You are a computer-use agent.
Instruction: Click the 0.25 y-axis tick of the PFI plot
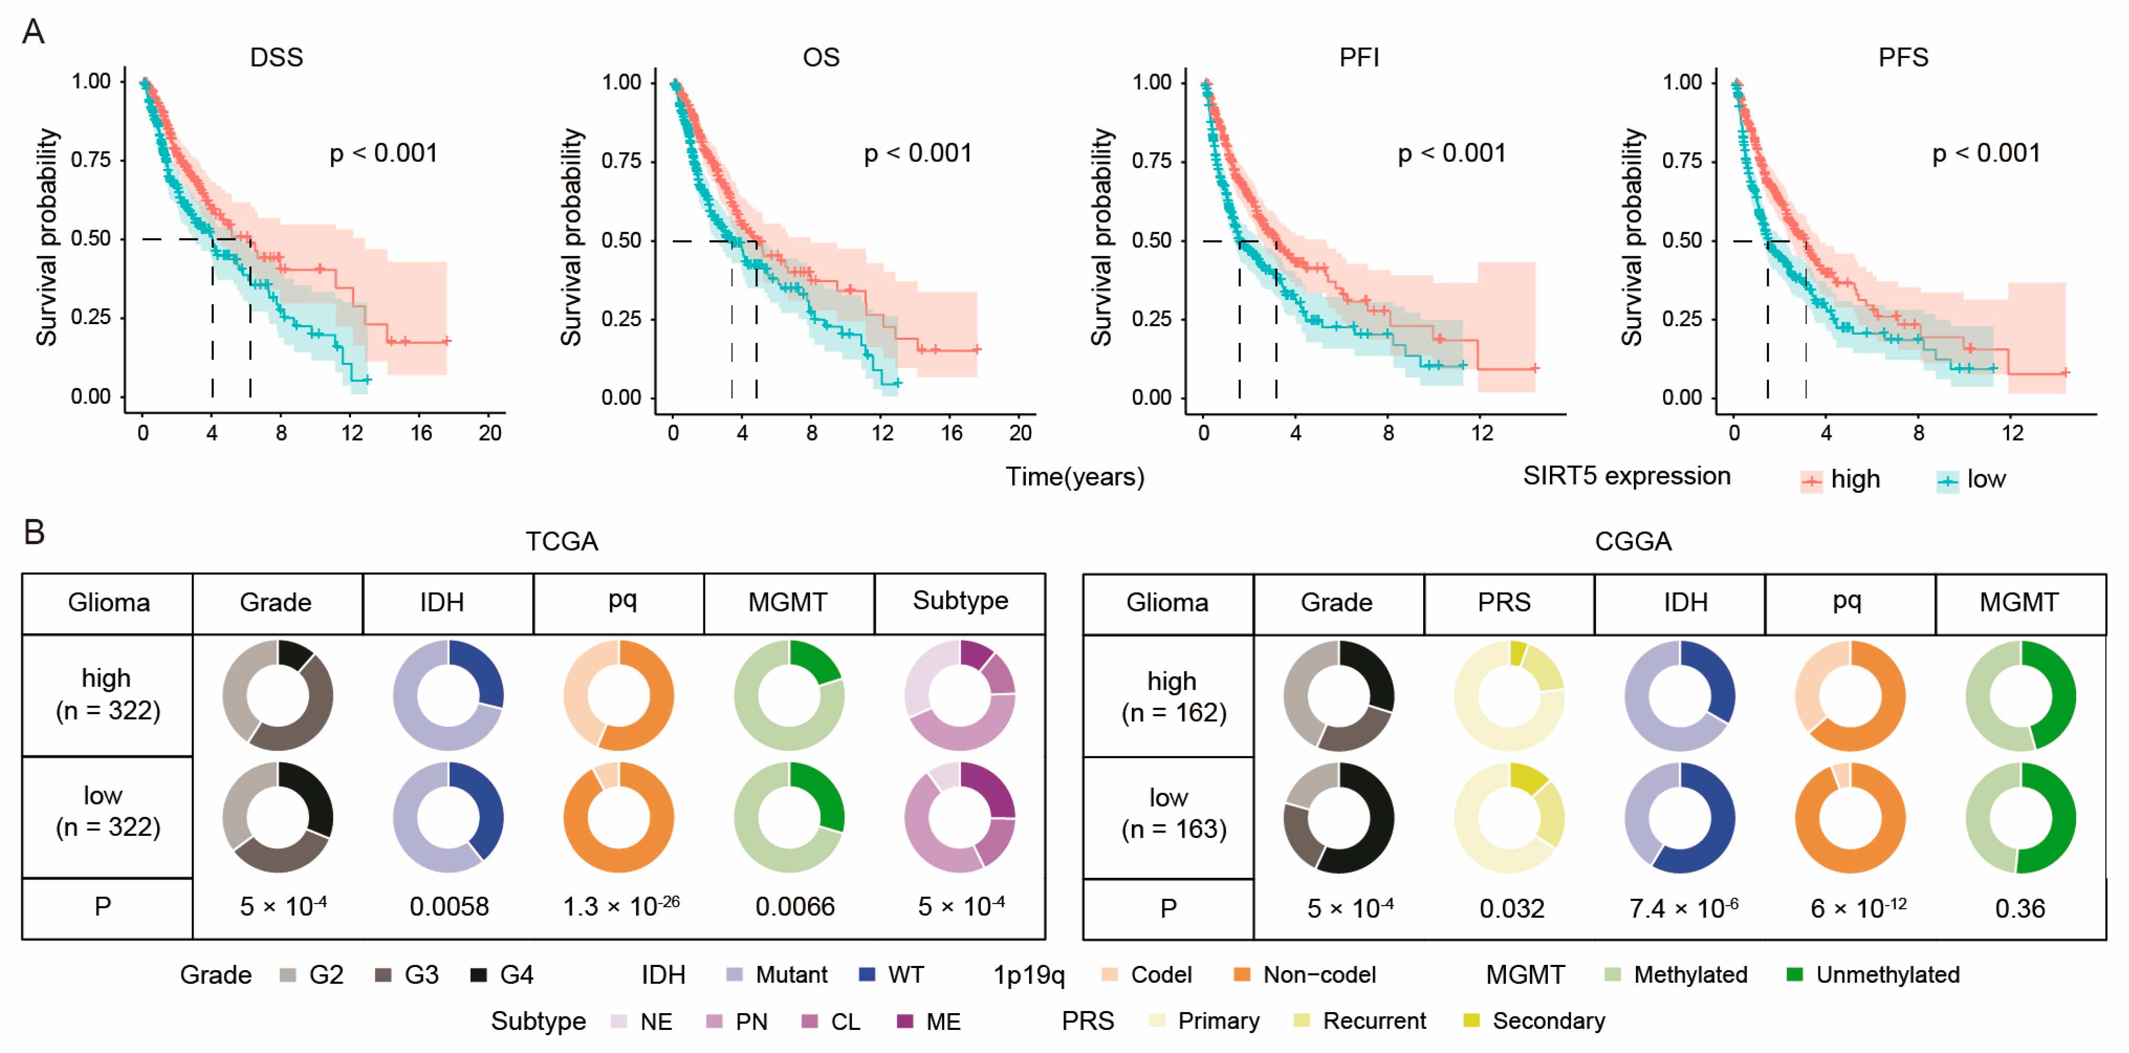pyautogui.click(x=1151, y=319)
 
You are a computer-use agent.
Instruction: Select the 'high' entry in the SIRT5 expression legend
pyautogui.click(x=1855, y=479)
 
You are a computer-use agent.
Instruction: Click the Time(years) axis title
pyautogui.click(x=1074, y=477)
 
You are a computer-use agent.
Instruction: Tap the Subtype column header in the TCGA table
pyautogui.click(x=960, y=601)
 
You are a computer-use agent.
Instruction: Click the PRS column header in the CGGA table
pyautogui.click(x=1504, y=603)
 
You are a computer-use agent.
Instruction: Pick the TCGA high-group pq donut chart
pyautogui.click(x=618, y=695)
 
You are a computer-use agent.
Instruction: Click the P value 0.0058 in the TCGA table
pyautogui.click(x=449, y=907)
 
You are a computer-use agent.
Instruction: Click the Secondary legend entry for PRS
pyautogui.click(x=1548, y=1021)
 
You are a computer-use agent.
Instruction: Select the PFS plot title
pyautogui.click(x=1902, y=57)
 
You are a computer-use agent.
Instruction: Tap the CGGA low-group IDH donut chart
pyautogui.click(x=1679, y=818)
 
